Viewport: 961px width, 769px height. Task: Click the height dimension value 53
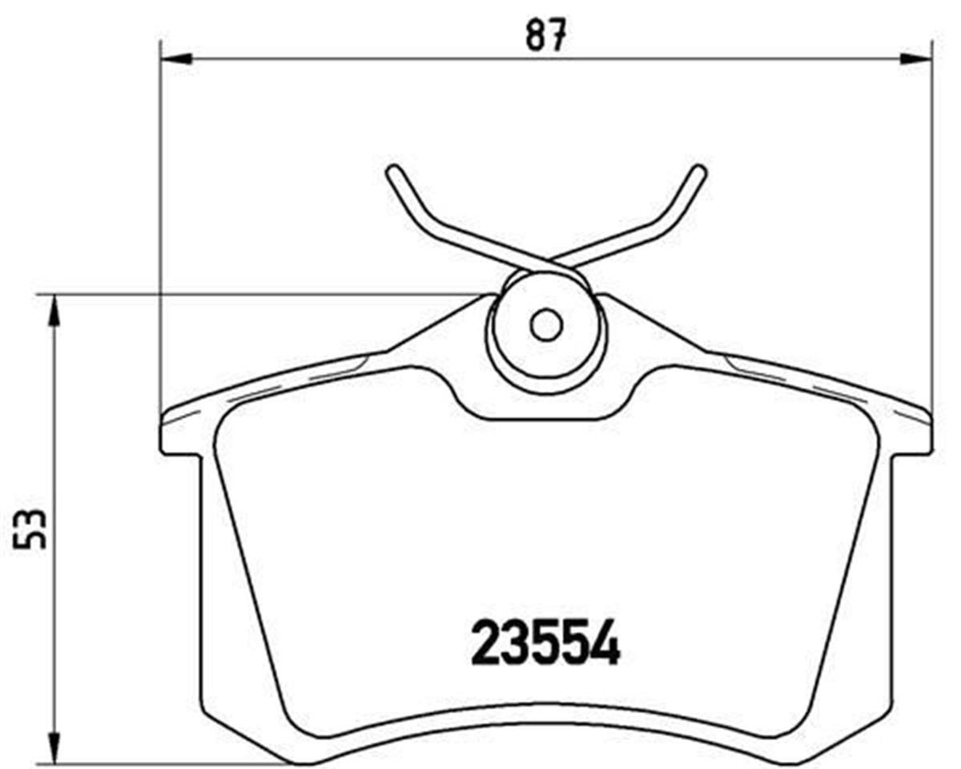pyautogui.click(x=31, y=528)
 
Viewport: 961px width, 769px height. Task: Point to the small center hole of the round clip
pyautogui.click(x=546, y=325)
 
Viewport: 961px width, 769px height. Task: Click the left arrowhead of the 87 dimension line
pyautogui.click(x=177, y=58)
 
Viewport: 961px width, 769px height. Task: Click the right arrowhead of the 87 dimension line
pyautogui.click(x=916, y=58)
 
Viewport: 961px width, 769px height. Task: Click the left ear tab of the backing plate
pyautogui.click(x=180, y=437)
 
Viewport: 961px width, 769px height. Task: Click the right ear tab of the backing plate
pyautogui.click(x=913, y=437)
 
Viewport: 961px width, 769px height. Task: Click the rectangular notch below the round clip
pyautogui.click(x=546, y=405)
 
